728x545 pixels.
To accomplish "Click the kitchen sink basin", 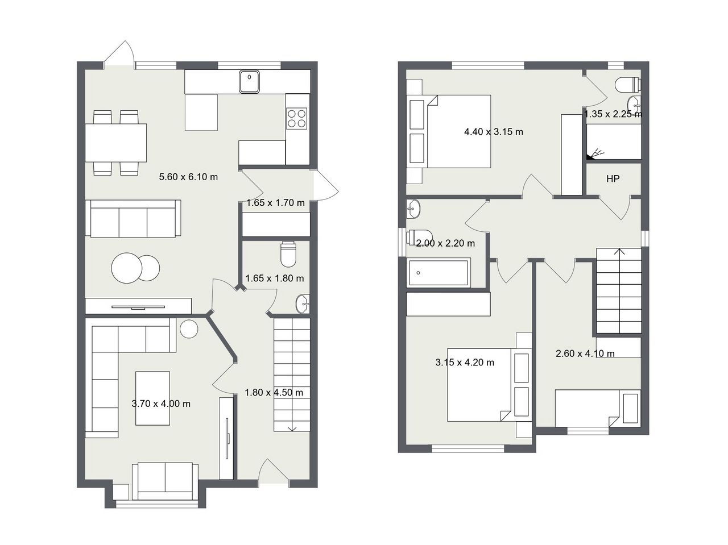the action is (249, 81).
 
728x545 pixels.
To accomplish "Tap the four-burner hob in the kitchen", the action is (296, 119).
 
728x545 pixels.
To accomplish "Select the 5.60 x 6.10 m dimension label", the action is (188, 177).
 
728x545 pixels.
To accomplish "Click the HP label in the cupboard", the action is (613, 179).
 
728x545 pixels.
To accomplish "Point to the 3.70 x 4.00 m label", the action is (161, 403).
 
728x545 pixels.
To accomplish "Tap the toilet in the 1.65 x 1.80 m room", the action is (288, 254).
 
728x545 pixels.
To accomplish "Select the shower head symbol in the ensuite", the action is (595, 155).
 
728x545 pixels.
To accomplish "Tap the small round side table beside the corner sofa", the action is (189, 328).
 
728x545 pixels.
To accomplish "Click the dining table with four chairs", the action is (116, 143).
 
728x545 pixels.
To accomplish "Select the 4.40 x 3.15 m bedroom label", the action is (494, 132).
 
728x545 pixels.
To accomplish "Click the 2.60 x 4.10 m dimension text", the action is (585, 353).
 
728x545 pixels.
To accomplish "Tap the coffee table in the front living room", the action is (152, 398).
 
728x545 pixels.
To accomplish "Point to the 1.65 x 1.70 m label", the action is (275, 203).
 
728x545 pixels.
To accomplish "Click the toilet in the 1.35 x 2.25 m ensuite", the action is (627, 85).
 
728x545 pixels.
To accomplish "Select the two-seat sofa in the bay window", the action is (165, 481).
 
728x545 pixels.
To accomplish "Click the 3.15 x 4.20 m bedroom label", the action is (465, 363).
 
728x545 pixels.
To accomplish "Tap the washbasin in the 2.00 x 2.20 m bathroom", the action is (413, 209).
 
